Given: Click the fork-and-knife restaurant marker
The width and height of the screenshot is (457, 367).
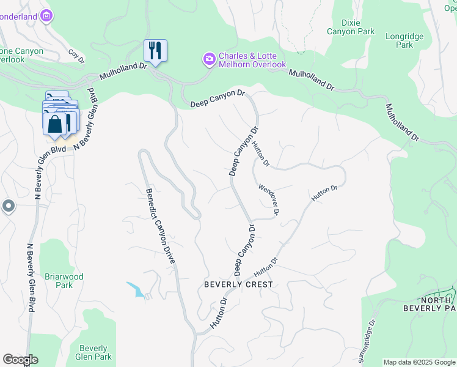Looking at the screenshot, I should (155, 51).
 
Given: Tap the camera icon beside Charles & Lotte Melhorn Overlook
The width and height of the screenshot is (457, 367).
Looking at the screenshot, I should (209, 59).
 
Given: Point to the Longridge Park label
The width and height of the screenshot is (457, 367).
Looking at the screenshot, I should (404, 40).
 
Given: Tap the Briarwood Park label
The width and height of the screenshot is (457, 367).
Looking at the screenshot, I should (64, 281).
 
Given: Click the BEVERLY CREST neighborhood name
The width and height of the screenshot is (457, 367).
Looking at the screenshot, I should (238, 284).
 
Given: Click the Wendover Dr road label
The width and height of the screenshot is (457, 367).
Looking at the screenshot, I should (269, 199).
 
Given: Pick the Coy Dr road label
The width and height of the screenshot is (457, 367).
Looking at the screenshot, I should (76, 56).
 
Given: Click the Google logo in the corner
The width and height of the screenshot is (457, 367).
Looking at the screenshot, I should (20, 360).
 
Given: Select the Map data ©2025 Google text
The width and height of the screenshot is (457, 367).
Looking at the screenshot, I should (419, 362).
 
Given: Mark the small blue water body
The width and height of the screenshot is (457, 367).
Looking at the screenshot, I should (137, 289).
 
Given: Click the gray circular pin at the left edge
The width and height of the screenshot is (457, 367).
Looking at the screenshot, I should (7, 207).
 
